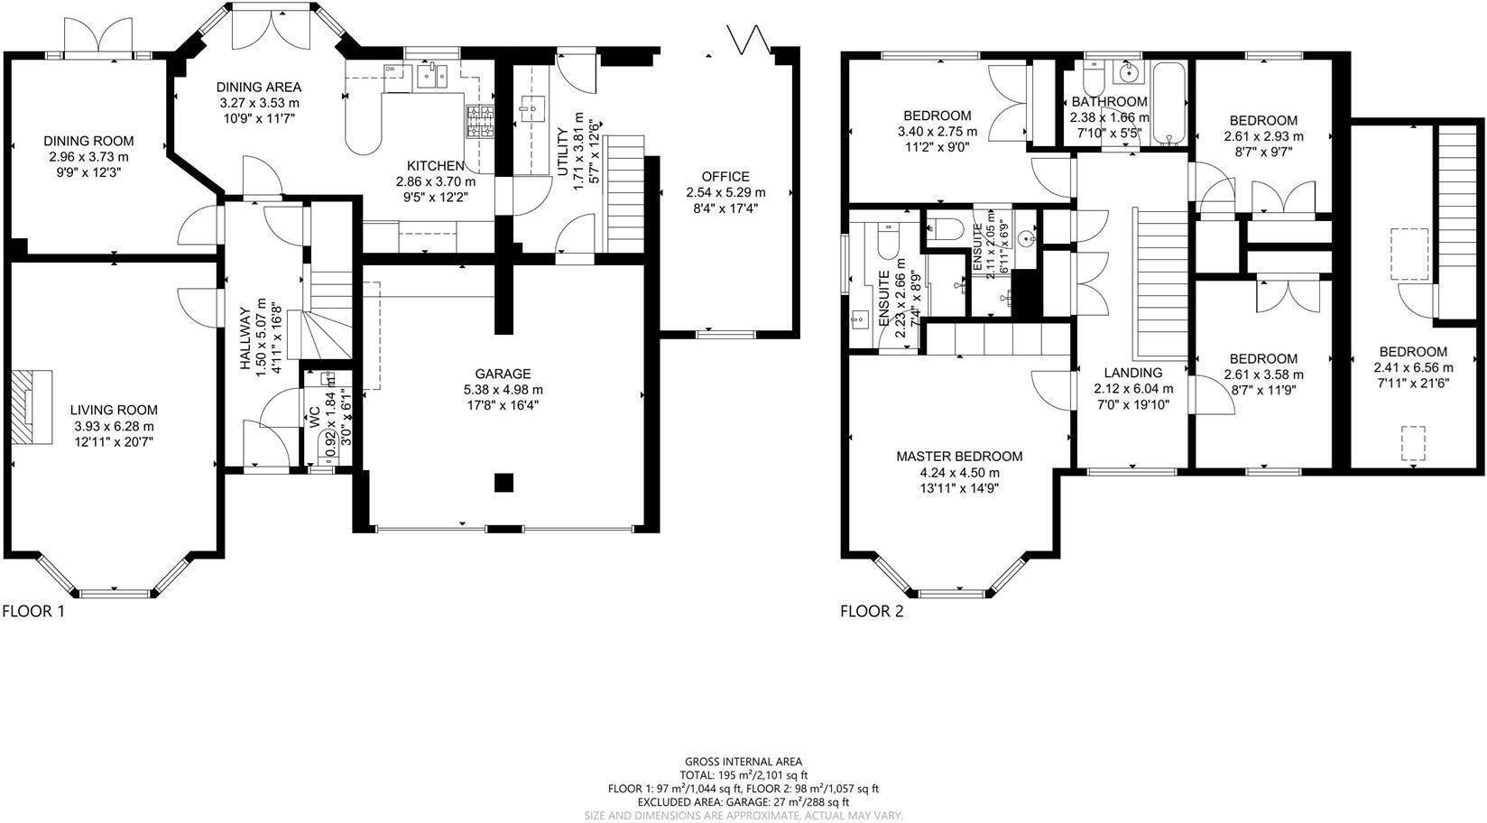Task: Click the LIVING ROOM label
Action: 114,410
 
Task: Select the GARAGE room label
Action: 503,374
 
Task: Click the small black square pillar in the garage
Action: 503,483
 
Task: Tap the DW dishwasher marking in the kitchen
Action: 391,69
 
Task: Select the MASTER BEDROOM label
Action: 959,457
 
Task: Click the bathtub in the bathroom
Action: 1172,104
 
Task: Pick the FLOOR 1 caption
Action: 33,611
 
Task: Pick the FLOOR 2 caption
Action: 872,611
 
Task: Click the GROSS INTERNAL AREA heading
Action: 743,762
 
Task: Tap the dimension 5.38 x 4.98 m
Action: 503,389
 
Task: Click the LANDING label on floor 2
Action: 1133,373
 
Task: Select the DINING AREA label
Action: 258,87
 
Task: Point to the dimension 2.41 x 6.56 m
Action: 1413,367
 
